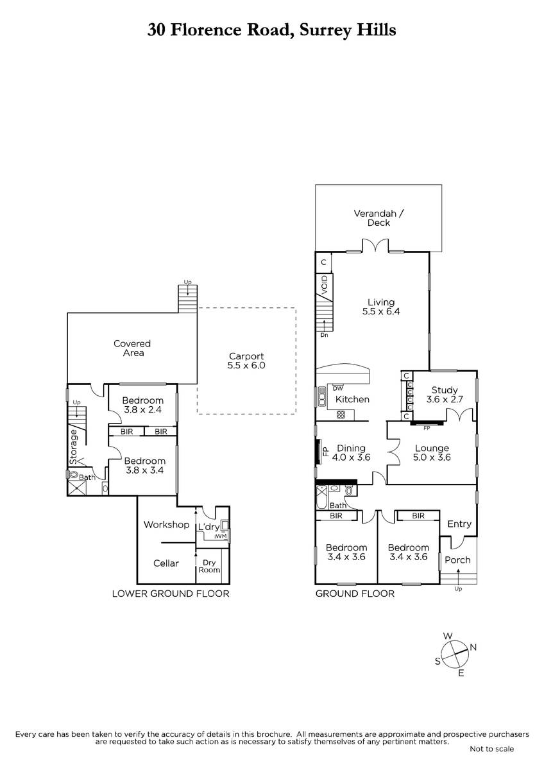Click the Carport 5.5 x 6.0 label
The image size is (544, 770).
coord(246,361)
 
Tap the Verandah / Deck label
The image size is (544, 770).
coord(378,218)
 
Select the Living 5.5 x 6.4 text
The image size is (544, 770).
coord(381,307)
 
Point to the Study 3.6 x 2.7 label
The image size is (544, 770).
coord(445,395)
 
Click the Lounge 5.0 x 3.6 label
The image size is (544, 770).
coord(432,452)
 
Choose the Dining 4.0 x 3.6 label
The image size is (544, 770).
coord(351,452)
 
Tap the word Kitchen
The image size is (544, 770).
coord(352,399)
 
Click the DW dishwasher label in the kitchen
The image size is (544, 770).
coord(338,388)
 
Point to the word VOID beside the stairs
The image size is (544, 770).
coord(325,285)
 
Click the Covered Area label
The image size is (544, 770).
coord(132,348)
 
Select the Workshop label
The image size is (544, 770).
coord(166,525)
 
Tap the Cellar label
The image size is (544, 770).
coord(166,563)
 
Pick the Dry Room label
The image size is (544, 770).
coord(209,566)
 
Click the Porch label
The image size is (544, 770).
coord(457,560)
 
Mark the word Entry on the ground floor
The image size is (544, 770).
coord(459,524)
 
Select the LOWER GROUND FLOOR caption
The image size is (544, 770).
coord(171,594)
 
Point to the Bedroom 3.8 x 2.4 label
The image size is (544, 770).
coord(142,405)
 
